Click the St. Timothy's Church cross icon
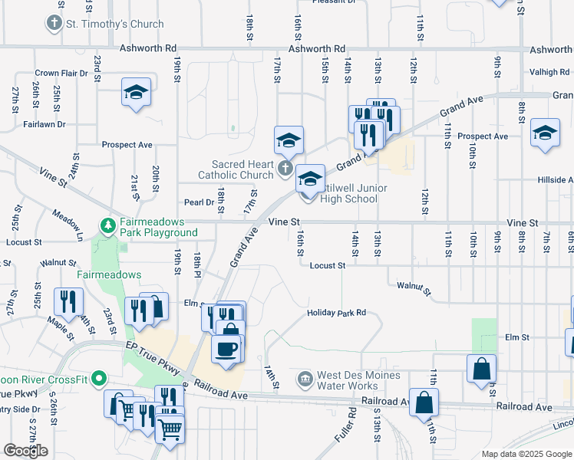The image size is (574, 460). pos(54,24)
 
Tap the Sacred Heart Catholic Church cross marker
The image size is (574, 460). pos(285,168)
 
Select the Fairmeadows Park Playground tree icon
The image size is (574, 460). pos(109,225)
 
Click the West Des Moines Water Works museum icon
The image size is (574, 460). pos(305,379)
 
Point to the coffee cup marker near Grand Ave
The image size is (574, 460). pos(226,349)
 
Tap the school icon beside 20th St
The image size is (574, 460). pos(136,93)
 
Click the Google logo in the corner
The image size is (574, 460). pos(26,451)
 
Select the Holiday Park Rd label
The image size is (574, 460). pos(336,313)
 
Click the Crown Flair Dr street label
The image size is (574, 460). pos(58,74)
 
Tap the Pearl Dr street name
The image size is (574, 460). pos(198,202)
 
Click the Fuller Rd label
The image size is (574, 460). pos(352,422)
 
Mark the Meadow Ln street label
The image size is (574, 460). pos(68,220)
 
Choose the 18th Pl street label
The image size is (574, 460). pos(197,264)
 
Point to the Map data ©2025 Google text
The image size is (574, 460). pos(526,454)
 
